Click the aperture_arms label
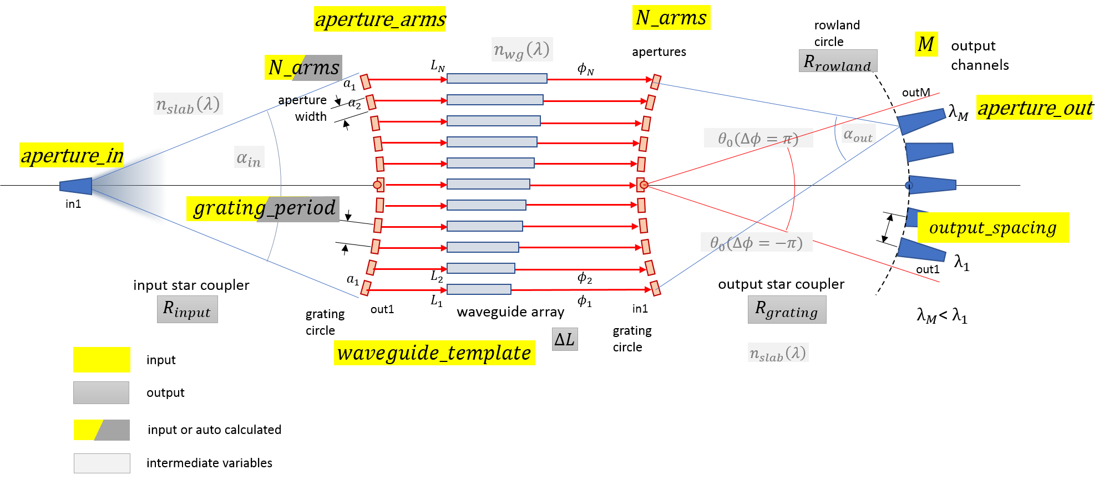click(379, 19)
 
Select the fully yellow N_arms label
click(671, 18)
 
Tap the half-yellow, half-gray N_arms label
click(303, 68)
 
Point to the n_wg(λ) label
click(521, 49)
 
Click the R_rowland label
click(838, 61)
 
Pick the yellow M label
click(926, 44)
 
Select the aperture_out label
click(1034, 107)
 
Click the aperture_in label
click(72, 155)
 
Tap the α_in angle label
click(249, 157)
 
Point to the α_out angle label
click(858, 134)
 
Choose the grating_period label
click(263, 208)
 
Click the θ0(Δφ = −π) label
click(756, 242)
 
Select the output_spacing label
click(992, 227)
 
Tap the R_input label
click(187, 309)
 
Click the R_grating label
click(787, 309)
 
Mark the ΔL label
click(565, 339)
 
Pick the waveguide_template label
click(434, 353)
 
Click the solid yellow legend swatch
click(102, 360)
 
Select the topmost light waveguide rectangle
click(497, 79)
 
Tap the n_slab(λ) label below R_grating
click(778, 353)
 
